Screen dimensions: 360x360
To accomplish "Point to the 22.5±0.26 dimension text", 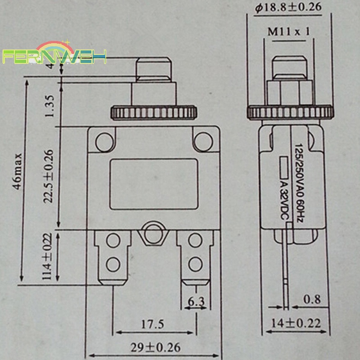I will pyautogui.click(x=49, y=176).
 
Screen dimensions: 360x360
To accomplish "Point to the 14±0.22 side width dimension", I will pyautogui.click(x=297, y=323).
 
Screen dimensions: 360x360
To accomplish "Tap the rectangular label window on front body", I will pyautogui.click(x=154, y=184).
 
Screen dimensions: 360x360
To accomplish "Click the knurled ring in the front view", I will pyautogui.click(x=154, y=112).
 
